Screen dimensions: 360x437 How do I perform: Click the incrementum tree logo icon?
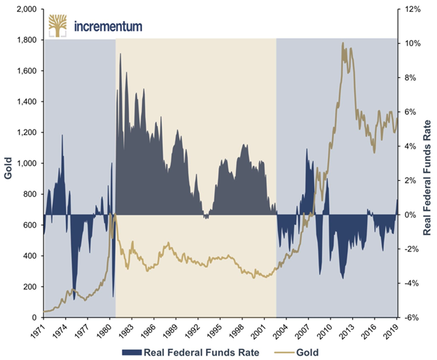click(58, 26)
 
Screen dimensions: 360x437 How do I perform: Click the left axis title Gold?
click(9, 163)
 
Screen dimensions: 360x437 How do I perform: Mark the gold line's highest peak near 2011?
click(343, 43)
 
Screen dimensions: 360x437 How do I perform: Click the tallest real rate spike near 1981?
click(120, 54)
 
